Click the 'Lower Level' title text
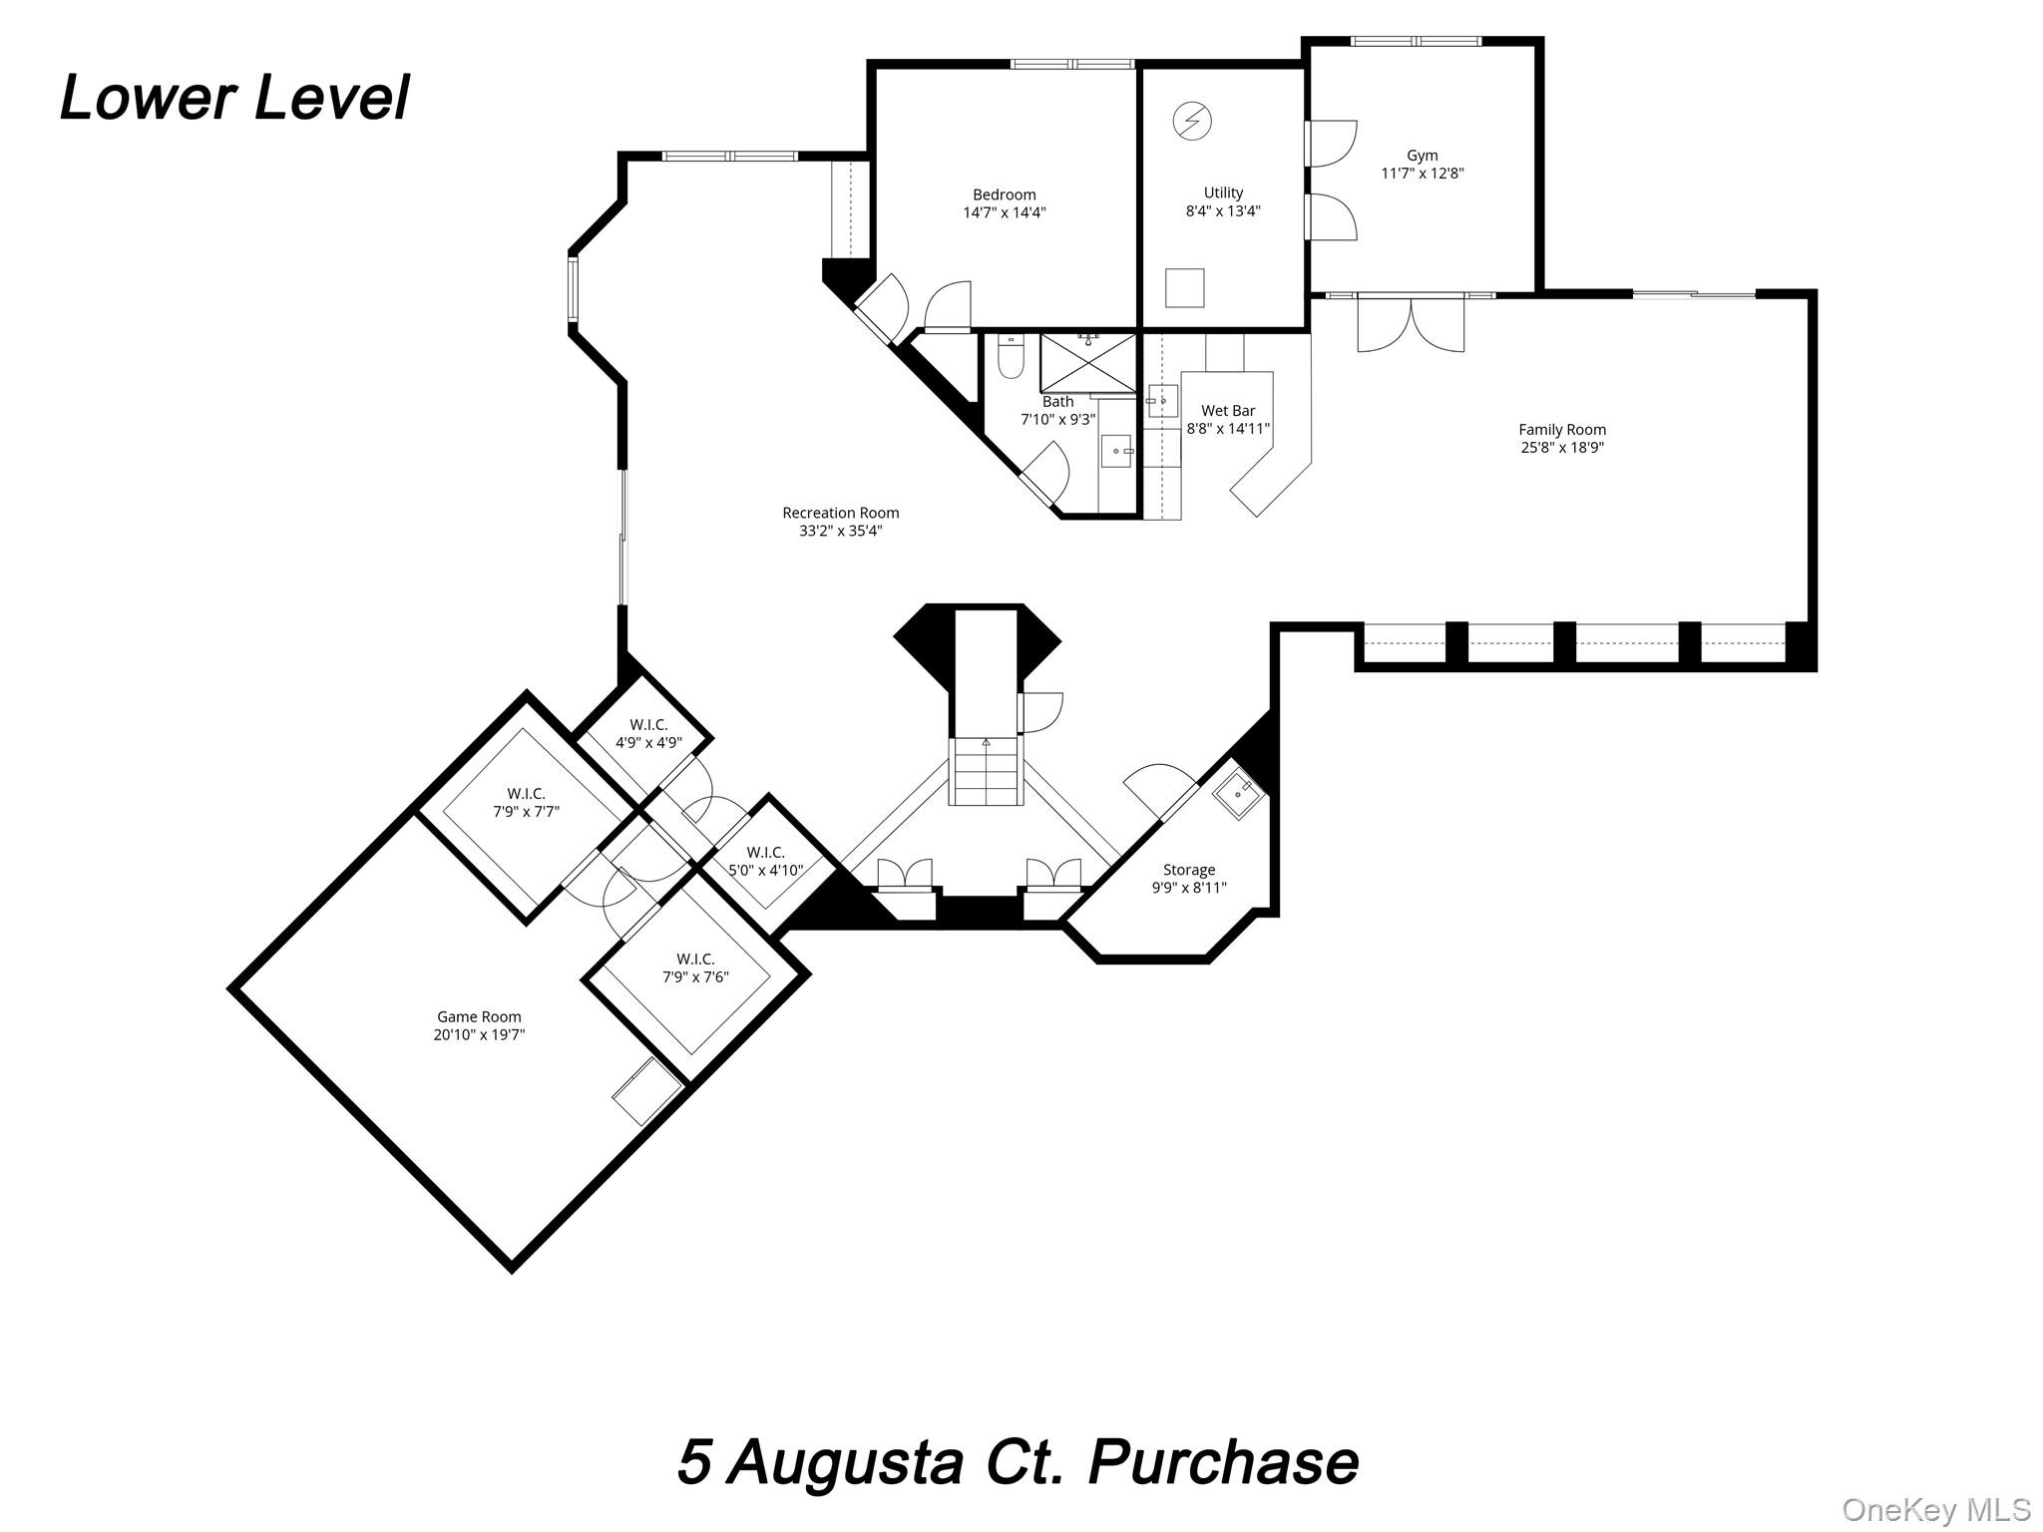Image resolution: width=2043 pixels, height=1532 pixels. tap(234, 99)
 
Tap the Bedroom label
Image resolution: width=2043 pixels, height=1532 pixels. tap(1004, 194)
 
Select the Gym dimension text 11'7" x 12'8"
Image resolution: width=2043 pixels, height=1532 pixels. tap(1422, 174)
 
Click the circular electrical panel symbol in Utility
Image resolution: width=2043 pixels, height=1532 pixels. tap(1191, 121)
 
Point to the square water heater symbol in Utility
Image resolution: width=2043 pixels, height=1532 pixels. tap(1184, 288)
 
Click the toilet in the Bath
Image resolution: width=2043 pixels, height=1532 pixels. tap(1010, 358)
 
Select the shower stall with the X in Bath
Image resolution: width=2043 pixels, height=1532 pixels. tap(1087, 363)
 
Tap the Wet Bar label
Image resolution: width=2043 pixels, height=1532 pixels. tap(1227, 411)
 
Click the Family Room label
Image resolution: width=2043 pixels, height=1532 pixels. tap(1561, 430)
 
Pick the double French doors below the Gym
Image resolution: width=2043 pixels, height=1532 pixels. tap(1411, 325)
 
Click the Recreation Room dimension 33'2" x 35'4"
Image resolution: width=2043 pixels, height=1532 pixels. tap(840, 532)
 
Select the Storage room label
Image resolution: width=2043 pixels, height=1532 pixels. tap(1188, 870)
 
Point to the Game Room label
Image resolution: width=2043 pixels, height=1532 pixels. tap(479, 1017)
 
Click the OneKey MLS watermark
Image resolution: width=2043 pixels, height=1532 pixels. tap(1935, 1509)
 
